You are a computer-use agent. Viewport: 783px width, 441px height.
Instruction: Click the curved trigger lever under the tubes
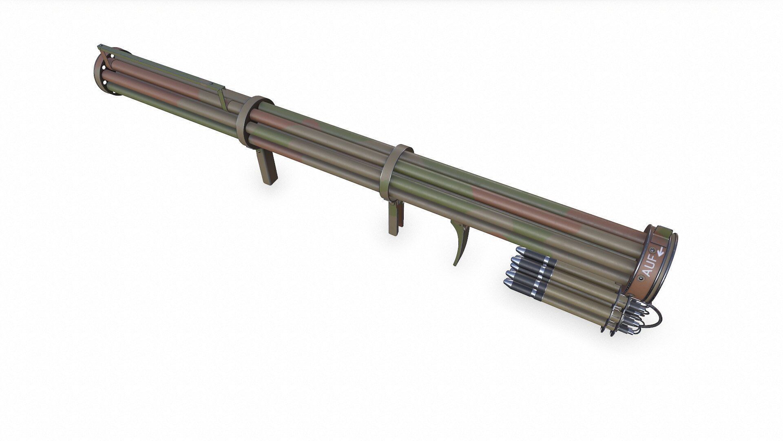point(460,243)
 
